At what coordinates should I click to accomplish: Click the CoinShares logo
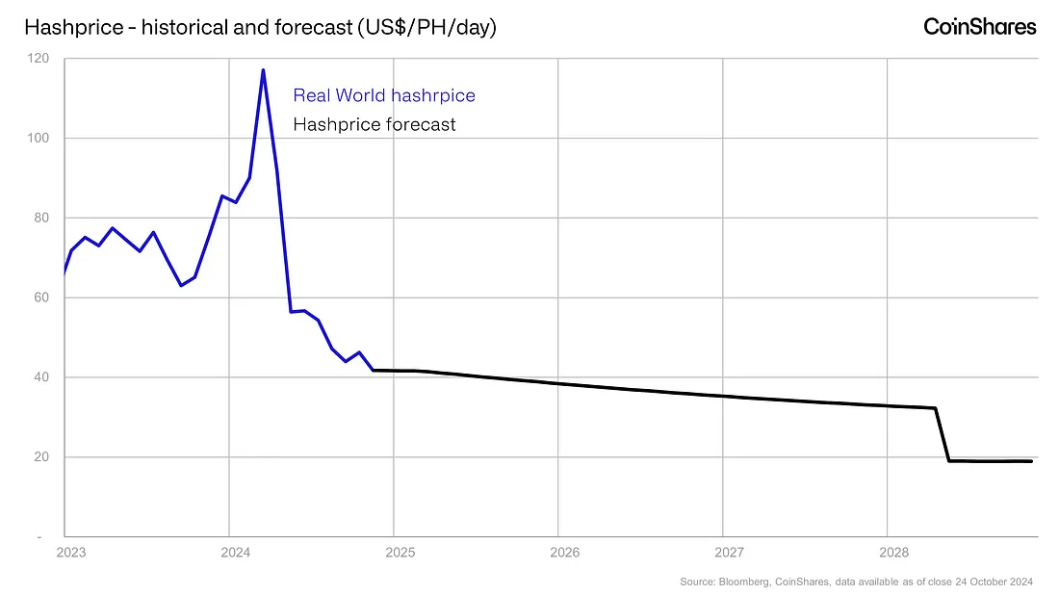point(979,26)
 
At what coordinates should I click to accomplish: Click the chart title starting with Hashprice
point(260,27)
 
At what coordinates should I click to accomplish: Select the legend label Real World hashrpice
point(383,95)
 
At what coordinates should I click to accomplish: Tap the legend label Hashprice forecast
point(375,124)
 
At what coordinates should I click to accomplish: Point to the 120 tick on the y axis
point(38,58)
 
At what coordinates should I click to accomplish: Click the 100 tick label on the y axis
point(38,138)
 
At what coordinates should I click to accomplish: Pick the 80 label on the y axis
point(41,218)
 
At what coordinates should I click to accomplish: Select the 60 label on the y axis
point(41,297)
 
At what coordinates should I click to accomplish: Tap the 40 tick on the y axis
point(41,376)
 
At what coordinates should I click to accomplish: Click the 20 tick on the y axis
point(41,456)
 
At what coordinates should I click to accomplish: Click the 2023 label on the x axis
point(71,553)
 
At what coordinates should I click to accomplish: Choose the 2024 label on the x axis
point(236,553)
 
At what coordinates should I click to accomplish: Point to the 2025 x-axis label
point(400,553)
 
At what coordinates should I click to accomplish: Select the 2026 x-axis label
point(564,553)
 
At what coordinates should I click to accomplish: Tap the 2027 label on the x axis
point(730,553)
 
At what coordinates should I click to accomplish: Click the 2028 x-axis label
point(894,553)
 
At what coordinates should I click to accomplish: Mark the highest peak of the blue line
point(263,69)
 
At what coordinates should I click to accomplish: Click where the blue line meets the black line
point(374,370)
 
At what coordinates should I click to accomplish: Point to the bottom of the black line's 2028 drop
point(949,460)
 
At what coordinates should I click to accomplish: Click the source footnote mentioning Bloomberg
point(857,582)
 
